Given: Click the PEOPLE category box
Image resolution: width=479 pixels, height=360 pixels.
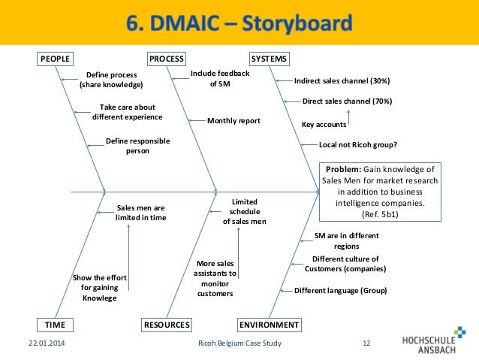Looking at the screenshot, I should pyautogui.click(x=55, y=59).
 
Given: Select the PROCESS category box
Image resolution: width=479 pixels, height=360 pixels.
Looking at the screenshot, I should pyautogui.click(x=167, y=59).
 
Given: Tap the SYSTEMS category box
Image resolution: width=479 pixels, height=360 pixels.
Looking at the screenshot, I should pyautogui.click(x=269, y=59).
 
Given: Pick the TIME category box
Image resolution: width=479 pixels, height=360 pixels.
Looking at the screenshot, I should pyautogui.click(x=55, y=325).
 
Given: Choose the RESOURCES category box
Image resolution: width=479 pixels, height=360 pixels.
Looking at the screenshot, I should pyautogui.click(x=167, y=325).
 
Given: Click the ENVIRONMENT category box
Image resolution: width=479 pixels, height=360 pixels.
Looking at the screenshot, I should pyautogui.click(x=269, y=325).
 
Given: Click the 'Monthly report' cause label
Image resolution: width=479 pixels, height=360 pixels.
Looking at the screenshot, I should pyautogui.click(x=233, y=120).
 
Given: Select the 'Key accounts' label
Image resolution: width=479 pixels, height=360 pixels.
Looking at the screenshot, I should pyautogui.click(x=324, y=124).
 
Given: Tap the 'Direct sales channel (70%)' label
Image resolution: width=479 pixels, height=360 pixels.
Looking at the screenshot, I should pyautogui.click(x=347, y=101).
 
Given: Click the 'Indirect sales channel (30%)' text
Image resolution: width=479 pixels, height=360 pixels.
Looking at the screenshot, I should pyautogui.click(x=342, y=80).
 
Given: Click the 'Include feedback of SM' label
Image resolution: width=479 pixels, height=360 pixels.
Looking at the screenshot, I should pyautogui.click(x=219, y=79).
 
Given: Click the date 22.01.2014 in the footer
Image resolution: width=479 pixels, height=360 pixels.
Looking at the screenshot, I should pyautogui.click(x=37, y=344).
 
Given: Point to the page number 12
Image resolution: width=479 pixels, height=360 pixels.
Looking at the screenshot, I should pyautogui.click(x=366, y=344).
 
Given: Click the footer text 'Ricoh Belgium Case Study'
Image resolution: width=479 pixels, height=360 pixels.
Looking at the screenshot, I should pyautogui.click(x=239, y=344).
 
